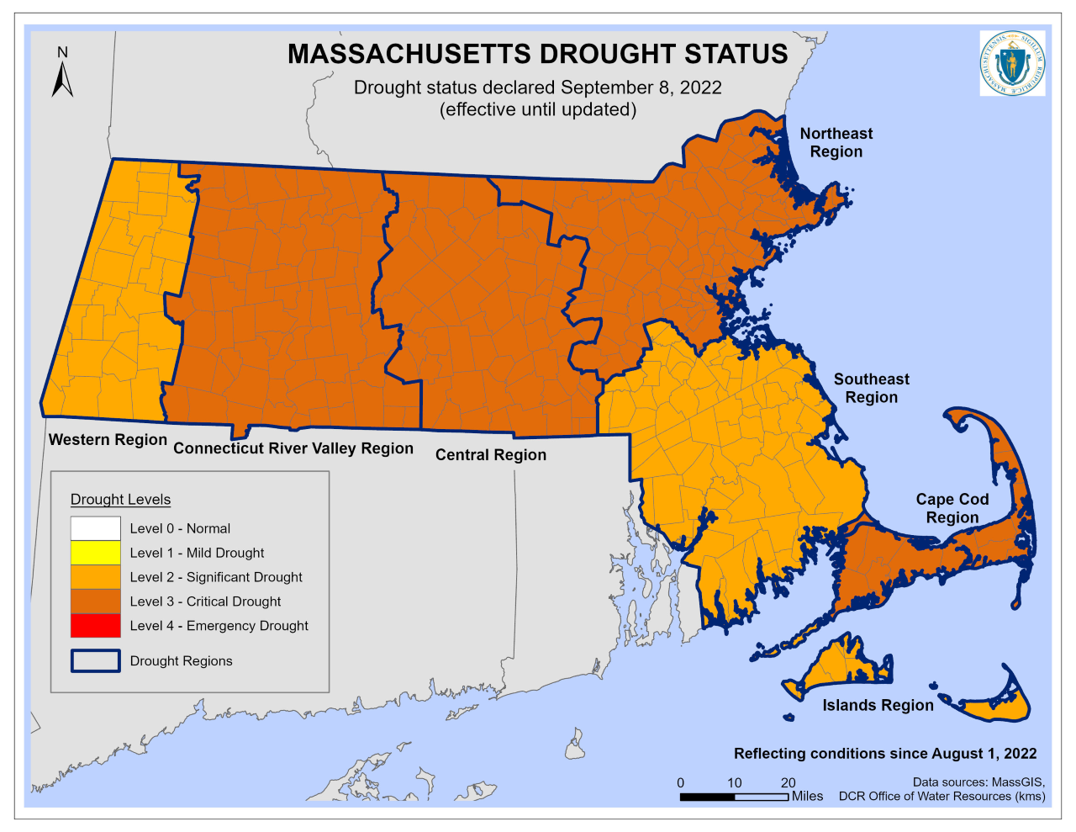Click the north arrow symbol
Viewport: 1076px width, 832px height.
click(x=62, y=73)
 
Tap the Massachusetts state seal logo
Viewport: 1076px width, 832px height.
click(x=1012, y=63)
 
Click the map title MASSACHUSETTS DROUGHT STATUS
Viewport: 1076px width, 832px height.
click(x=537, y=54)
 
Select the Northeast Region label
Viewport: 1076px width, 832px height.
click(x=836, y=143)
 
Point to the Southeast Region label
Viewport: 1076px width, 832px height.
click(x=871, y=389)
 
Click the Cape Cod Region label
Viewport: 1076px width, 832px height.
click(x=952, y=508)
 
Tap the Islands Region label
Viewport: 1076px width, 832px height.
click(x=878, y=706)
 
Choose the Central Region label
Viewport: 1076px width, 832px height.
click(x=490, y=455)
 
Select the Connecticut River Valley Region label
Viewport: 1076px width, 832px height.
click(x=293, y=448)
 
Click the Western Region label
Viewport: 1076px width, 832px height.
click(x=108, y=440)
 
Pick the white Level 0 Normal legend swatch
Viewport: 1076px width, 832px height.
click(x=96, y=528)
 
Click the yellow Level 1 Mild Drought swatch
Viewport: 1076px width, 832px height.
click(x=96, y=553)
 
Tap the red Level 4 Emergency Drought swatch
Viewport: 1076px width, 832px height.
click(x=96, y=626)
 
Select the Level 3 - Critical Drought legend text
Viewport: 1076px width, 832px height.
click(x=205, y=601)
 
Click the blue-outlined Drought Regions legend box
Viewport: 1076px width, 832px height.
click(x=96, y=661)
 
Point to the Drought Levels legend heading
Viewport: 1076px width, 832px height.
click(x=120, y=500)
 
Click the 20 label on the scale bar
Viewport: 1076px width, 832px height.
click(x=788, y=782)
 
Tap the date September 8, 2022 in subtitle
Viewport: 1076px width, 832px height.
click(x=641, y=88)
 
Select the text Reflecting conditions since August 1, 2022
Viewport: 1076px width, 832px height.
click(x=884, y=754)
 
